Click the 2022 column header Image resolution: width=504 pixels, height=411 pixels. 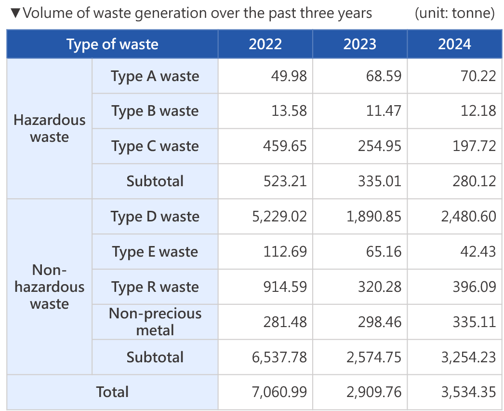click(265, 44)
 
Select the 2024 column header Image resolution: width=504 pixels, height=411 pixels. click(454, 44)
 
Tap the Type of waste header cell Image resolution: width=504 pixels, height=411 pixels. click(112, 44)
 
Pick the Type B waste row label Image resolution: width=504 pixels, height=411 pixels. click(155, 111)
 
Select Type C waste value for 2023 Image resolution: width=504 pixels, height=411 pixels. click(379, 146)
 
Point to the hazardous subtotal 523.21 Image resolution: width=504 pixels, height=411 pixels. click(285, 181)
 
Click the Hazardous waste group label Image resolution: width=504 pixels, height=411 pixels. click(49, 128)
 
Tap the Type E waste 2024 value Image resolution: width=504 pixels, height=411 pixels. click(477, 252)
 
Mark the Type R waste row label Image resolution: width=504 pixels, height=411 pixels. click(155, 287)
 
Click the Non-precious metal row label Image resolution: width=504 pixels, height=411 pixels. click(155, 322)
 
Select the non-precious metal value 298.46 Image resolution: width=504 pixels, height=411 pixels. click(379, 322)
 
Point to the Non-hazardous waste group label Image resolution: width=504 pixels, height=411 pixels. click(49, 287)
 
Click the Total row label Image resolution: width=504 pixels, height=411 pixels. click(112, 392)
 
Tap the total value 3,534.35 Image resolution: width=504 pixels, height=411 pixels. click(468, 392)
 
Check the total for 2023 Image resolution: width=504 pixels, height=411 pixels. click(373, 392)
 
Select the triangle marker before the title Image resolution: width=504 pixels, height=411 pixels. click(15, 13)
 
